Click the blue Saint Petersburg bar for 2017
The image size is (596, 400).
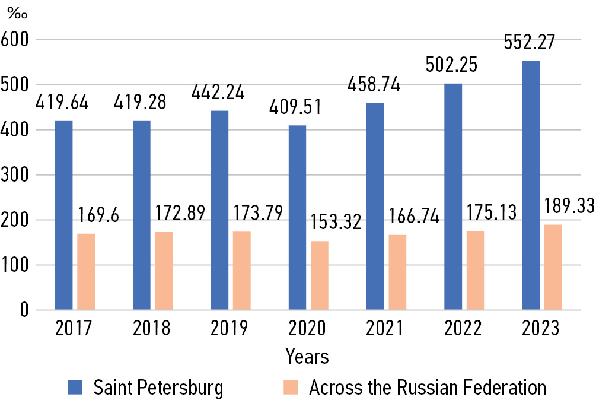(63, 215)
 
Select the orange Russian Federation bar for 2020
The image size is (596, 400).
(319, 275)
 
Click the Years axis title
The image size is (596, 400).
(307, 357)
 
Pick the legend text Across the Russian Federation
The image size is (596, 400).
(427, 388)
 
